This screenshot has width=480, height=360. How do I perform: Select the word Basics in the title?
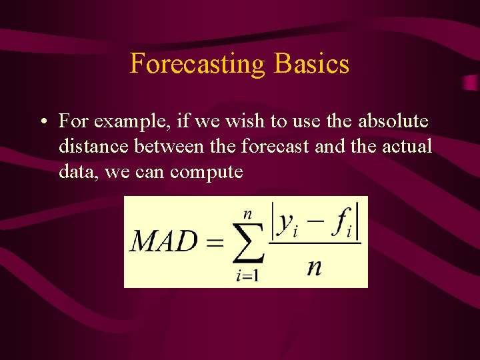pos(311,64)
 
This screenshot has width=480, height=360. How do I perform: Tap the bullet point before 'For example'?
pos(42,122)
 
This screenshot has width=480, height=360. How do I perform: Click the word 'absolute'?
pos(393,121)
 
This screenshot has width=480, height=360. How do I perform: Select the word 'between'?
pos(174,146)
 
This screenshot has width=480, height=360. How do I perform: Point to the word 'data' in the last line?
pos(75,172)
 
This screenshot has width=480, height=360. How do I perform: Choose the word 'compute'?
pos(207,173)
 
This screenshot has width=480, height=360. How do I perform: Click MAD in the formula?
pos(164,241)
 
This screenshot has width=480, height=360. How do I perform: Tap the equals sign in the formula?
pos(215,242)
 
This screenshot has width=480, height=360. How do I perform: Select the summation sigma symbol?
pos(246,243)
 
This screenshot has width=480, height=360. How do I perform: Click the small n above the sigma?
pos(247,213)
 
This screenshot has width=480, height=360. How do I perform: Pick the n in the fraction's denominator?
pos(314,267)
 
